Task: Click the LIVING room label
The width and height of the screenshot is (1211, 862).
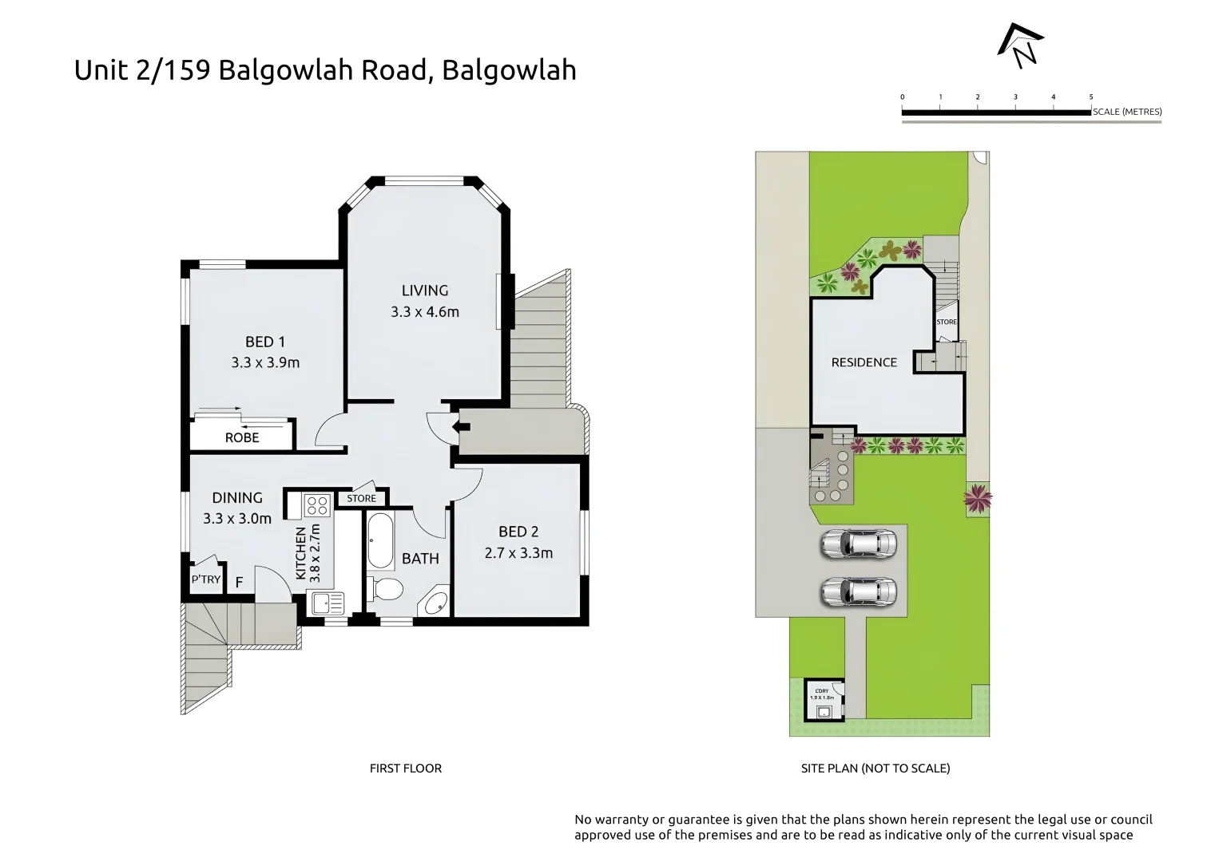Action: coord(424,291)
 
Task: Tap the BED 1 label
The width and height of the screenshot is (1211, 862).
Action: coord(264,342)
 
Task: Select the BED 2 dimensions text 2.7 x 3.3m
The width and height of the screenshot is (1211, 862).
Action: coord(518,552)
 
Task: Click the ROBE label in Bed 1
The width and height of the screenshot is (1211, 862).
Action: coord(241,437)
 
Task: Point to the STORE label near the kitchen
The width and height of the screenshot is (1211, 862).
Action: coord(361,498)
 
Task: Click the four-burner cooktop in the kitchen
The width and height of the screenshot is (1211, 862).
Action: coord(317,504)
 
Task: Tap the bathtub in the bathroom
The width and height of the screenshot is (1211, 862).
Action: coord(380,540)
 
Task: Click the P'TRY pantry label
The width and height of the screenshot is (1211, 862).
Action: coord(205,579)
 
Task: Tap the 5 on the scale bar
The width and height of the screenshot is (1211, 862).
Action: coord(1090,97)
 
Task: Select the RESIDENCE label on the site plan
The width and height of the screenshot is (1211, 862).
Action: coord(864,362)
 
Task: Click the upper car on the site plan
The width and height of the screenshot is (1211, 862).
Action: coord(859,544)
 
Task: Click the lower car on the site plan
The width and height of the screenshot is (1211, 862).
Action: coord(859,592)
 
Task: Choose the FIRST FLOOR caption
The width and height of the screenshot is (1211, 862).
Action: coord(405,768)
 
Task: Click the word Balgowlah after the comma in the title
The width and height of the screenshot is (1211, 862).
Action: coord(509,70)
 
